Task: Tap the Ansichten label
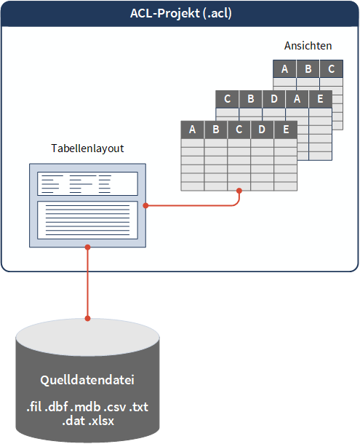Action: coord(308,46)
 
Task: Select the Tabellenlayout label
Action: coord(87,148)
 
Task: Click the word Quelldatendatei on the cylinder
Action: coord(87,381)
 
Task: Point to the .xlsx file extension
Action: coord(103,419)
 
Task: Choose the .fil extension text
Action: coord(37,405)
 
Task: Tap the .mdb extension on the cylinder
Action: coord(86,405)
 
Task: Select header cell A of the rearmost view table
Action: coord(284,69)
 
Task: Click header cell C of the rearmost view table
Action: coord(331,69)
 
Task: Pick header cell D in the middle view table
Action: coord(273,99)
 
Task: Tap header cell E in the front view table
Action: coord(286,130)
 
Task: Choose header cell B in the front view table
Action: coord(216,130)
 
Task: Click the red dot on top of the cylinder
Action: coord(87,318)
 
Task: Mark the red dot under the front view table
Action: coord(239,191)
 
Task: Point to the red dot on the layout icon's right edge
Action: coord(145,205)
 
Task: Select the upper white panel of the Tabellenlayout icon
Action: coord(87,183)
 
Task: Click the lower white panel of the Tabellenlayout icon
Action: coord(87,219)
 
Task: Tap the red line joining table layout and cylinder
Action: coord(87,284)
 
